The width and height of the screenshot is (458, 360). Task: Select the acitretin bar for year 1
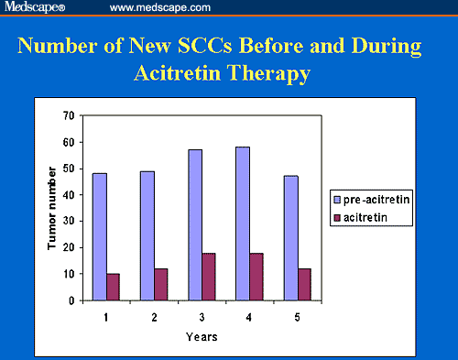coord(113,287)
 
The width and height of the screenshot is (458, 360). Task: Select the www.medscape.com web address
coord(153,7)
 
